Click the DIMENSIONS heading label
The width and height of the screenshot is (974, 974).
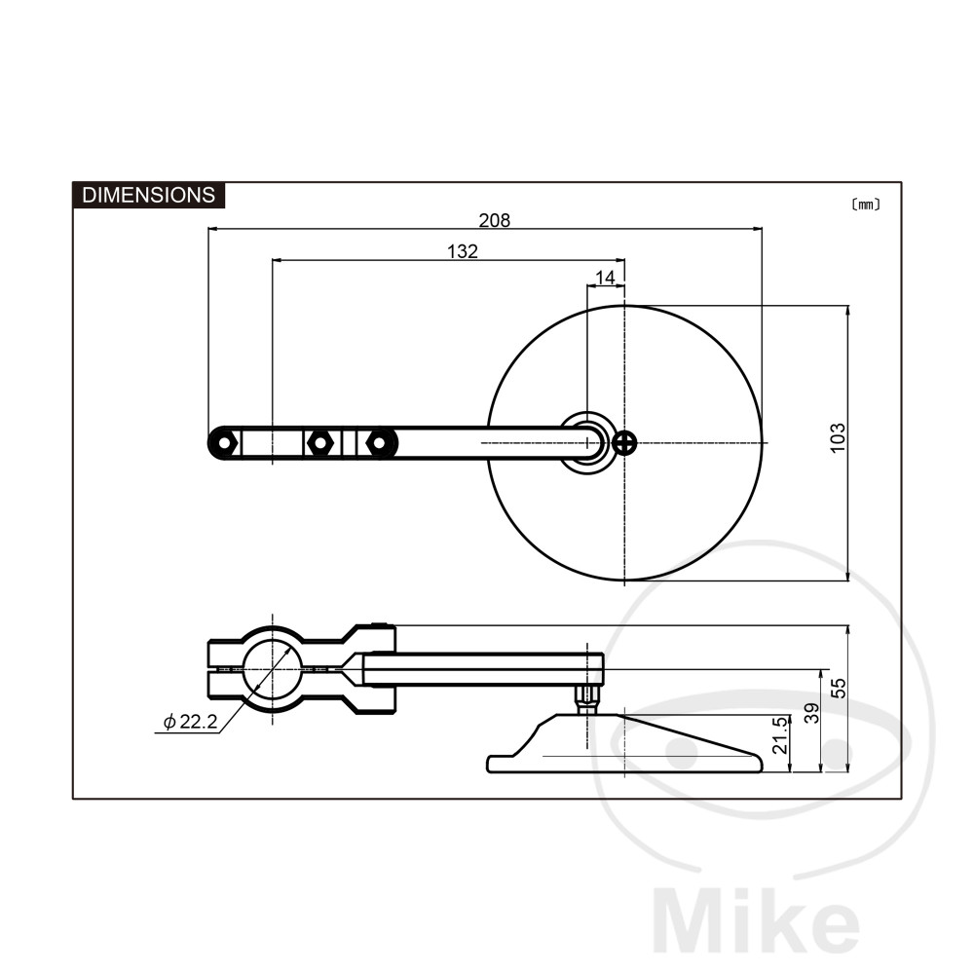tap(148, 195)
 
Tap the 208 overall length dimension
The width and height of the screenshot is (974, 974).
tap(495, 220)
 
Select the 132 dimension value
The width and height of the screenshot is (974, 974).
tap(463, 251)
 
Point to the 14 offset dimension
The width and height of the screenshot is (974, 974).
tap(605, 278)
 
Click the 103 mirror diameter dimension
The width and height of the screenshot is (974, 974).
tap(838, 438)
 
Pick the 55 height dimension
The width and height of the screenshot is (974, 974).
tap(839, 689)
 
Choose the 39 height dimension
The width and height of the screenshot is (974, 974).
tap(812, 713)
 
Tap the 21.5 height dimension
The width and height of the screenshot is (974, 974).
tap(780, 734)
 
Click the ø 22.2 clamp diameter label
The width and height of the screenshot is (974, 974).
tap(190, 722)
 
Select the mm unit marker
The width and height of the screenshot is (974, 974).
tap(865, 205)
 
